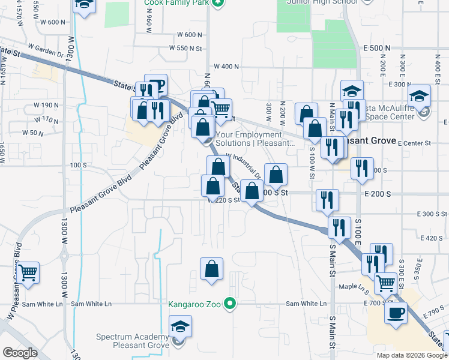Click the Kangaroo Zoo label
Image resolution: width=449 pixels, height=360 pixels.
[x=194, y=304]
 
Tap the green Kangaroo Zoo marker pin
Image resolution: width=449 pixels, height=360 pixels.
[x=229, y=304]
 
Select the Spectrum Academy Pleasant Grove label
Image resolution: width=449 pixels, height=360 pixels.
[x=134, y=342]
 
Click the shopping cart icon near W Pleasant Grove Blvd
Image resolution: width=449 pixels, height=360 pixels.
[x=28, y=273]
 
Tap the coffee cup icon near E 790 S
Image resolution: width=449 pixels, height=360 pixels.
[x=396, y=313]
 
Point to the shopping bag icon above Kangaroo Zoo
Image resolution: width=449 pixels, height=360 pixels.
[x=211, y=270]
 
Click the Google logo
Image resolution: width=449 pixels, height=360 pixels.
[x=20, y=353]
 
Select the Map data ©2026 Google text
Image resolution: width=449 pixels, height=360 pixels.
[x=411, y=355]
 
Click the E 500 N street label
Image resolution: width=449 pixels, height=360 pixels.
[x=376, y=47]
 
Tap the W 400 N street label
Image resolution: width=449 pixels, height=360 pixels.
[x=226, y=67]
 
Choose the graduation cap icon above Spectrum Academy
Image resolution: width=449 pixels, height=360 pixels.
[x=179, y=328]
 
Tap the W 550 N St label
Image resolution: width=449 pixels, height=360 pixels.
[x=186, y=47]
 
